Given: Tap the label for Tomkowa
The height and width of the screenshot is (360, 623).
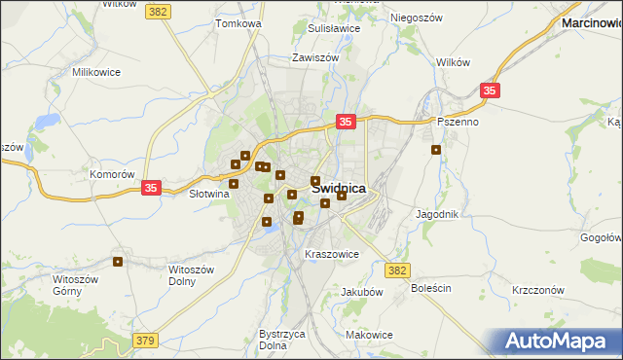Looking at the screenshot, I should [239, 22].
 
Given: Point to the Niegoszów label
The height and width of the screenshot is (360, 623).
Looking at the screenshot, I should [418, 18].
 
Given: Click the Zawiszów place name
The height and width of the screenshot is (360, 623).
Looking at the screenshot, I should [315, 57].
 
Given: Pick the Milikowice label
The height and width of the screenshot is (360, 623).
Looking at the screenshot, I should [95, 72].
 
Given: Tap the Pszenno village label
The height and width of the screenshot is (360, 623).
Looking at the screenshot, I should [458, 123].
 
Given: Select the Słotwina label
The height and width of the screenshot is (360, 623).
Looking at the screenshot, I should [207, 194].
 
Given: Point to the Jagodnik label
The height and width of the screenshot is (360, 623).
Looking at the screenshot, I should [437, 213].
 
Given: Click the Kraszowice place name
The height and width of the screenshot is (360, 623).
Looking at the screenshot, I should [333, 254].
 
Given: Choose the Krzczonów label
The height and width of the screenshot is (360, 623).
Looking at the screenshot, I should [538, 290].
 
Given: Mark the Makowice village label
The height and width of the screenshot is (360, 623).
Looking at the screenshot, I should [369, 334].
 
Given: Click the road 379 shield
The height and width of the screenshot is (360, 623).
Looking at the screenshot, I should [145, 340].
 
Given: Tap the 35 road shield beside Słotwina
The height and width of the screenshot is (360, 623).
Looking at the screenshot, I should [151, 187].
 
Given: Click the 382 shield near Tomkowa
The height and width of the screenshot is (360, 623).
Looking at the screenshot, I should [158, 11].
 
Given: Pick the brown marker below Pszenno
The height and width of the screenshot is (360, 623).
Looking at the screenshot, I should [436, 150].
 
